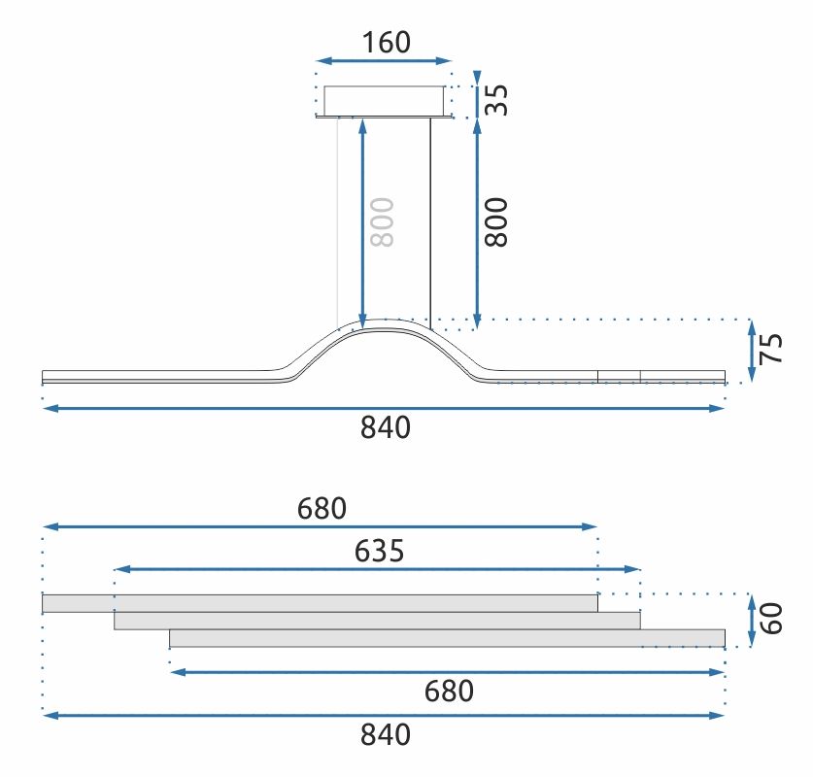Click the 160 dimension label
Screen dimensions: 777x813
pyautogui.click(x=386, y=43)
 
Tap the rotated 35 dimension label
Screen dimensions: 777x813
pyautogui.click(x=496, y=99)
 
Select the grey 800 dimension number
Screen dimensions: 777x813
pyautogui.click(x=383, y=222)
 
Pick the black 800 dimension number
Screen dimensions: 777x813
pyautogui.click(x=496, y=221)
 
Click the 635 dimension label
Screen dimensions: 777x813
pyautogui.click(x=379, y=552)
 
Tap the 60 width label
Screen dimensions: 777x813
pyautogui.click(x=772, y=619)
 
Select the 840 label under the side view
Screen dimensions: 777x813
pyautogui.click(x=386, y=427)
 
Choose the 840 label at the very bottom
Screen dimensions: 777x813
pyautogui.click(x=386, y=735)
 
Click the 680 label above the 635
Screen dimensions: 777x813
pyautogui.click(x=321, y=508)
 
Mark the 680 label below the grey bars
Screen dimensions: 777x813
pyautogui.click(x=448, y=692)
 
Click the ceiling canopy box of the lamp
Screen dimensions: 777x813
pyautogui.click(x=384, y=100)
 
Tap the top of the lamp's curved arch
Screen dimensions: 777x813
pyautogui.click(x=385, y=324)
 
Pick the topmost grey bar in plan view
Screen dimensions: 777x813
pyautogui.click(x=320, y=603)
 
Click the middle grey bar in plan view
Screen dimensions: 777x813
pyautogui.click(x=377, y=621)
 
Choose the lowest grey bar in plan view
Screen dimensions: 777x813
pyautogui.click(x=447, y=638)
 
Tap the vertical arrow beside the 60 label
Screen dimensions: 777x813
pyautogui.click(x=752, y=620)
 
